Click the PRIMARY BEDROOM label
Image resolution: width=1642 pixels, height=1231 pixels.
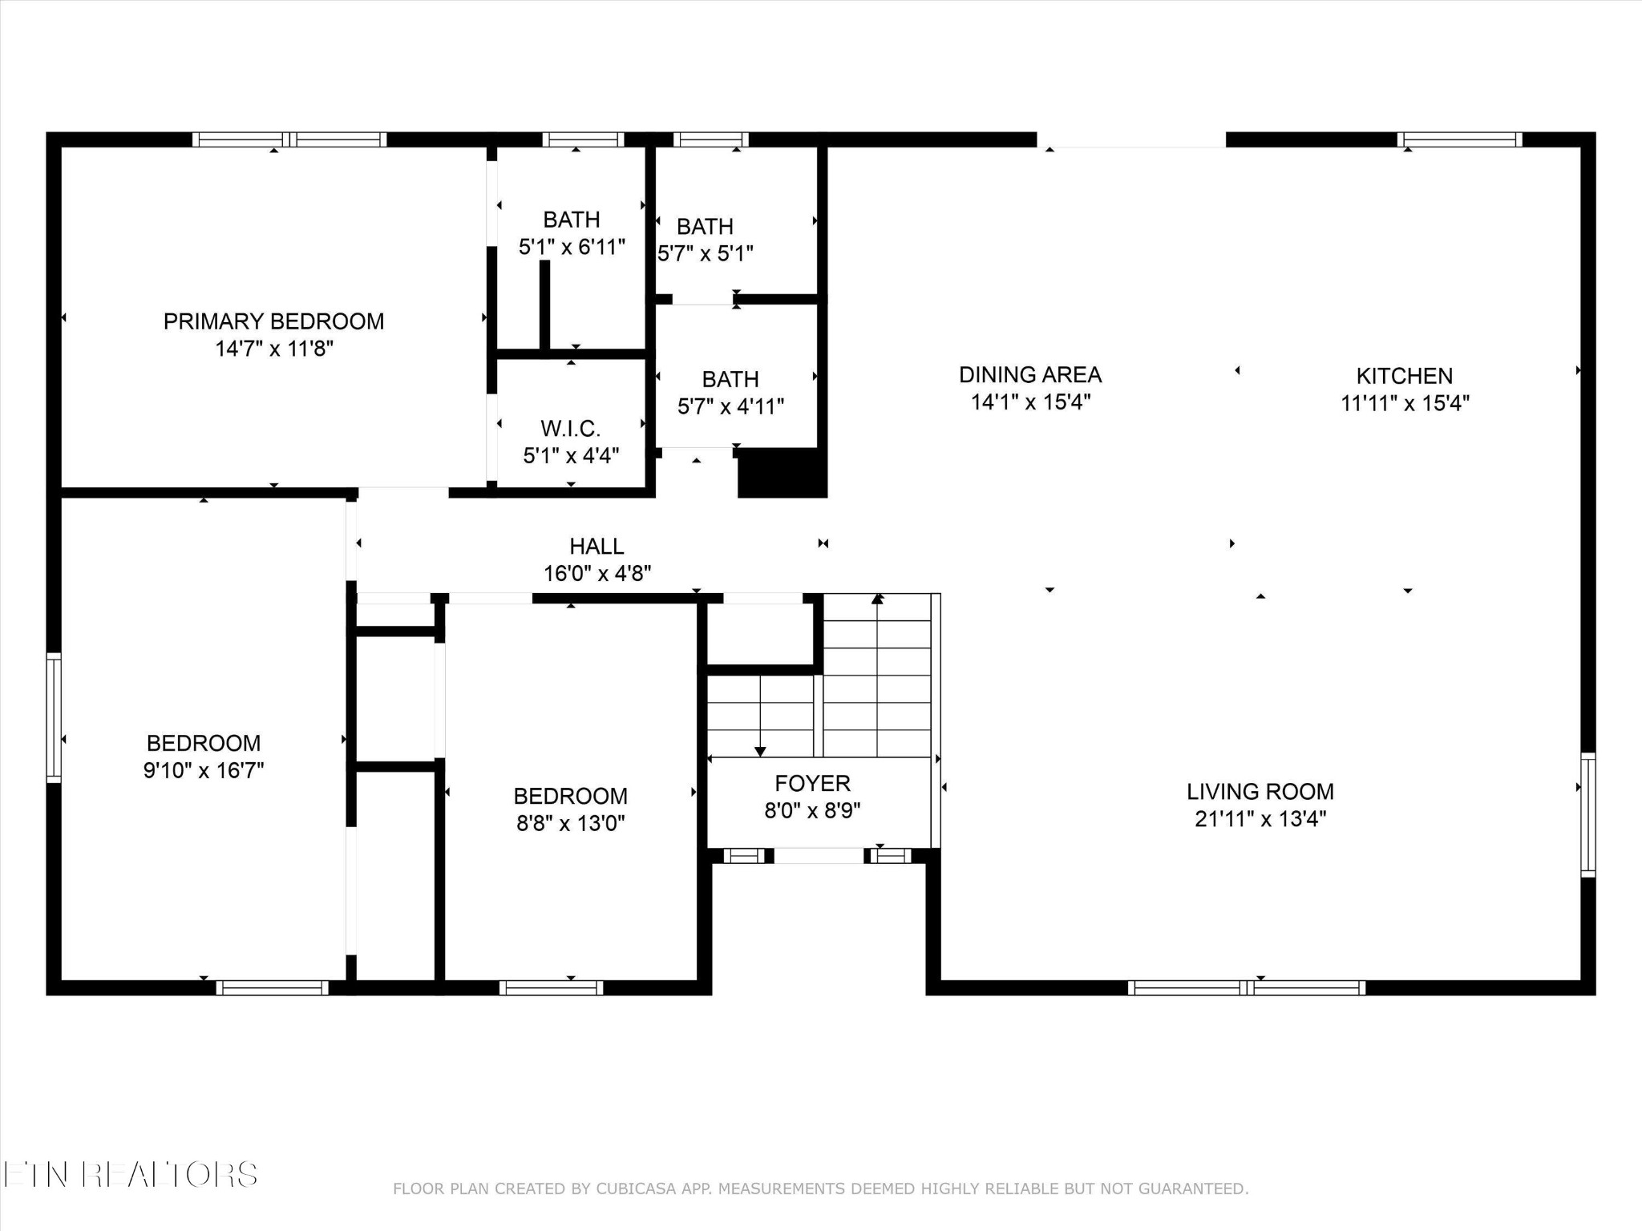273,321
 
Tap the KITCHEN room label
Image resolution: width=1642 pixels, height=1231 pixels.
1404,376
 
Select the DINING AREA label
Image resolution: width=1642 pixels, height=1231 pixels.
1030,374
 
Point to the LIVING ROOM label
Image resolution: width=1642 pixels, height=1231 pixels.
1260,792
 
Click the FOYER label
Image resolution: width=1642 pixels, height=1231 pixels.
812,783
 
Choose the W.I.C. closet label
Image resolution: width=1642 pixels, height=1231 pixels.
571,429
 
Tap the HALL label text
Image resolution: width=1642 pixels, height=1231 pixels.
597,547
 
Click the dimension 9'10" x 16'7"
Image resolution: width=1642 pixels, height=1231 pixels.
204,770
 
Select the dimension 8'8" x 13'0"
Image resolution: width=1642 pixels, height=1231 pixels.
571,823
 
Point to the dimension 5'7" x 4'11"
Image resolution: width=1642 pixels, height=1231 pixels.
730,406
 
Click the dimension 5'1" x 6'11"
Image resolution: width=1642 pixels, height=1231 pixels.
572,247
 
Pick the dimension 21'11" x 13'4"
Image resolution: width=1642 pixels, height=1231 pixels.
1260,819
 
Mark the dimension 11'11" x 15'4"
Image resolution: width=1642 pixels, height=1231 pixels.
1405,403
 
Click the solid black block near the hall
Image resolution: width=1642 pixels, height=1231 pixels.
782,473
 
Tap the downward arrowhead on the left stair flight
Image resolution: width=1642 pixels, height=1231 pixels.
760,752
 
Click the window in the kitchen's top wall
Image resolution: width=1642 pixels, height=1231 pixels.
1459,139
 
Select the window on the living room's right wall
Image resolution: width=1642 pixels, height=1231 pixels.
1587,815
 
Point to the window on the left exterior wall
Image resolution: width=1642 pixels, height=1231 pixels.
54,717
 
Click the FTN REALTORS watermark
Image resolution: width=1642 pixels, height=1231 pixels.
129,1175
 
